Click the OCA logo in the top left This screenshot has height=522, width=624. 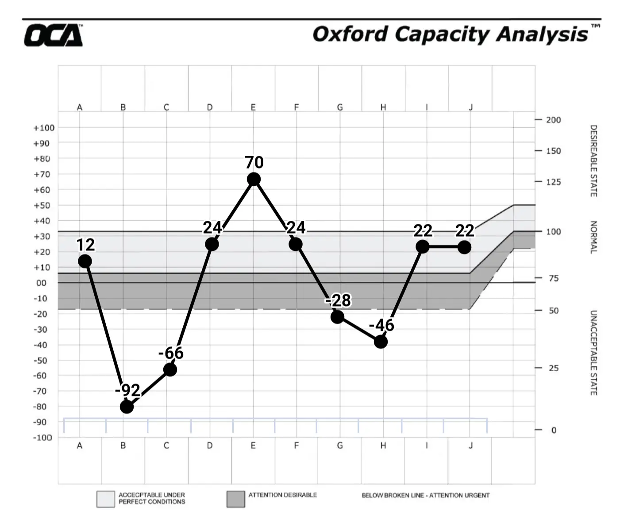(53, 35)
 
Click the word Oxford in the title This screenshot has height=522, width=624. (350, 34)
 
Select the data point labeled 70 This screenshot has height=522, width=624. (254, 179)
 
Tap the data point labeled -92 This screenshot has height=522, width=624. (127, 407)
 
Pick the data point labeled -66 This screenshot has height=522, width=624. (170, 369)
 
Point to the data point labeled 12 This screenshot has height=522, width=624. (85, 261)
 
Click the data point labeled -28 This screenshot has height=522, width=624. (337, 317)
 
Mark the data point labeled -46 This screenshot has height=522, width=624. (381, 342)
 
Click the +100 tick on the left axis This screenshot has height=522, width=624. (44, 128)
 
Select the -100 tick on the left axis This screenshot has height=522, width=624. (43, 438)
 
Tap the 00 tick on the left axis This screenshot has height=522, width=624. (41, 283)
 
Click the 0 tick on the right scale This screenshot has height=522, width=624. (554, 430)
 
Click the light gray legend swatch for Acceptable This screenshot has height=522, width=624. (106, 499)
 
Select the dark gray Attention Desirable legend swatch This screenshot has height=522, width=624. (235, 499)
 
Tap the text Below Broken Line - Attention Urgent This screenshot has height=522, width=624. (425, 495)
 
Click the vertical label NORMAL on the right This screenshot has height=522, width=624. (593, 237)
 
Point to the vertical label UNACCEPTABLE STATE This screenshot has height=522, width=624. (593, 353)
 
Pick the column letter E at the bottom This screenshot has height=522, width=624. (253, 445)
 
